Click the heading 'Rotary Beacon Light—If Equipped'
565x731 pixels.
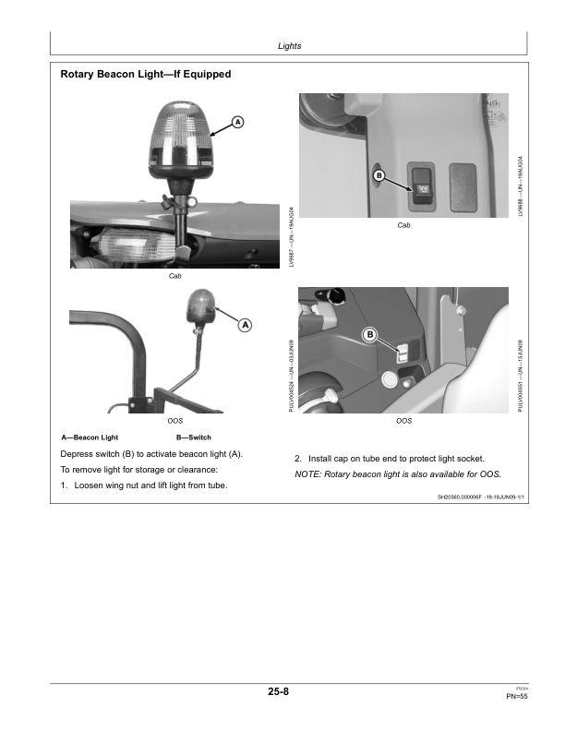[x=145, y=74]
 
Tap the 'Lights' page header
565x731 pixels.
[x=290, y=45]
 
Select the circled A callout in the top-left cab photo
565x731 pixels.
[x=237, y=122]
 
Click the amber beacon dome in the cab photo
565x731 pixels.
[x=188, y=137]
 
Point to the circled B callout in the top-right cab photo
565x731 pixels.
[x=378, y=175]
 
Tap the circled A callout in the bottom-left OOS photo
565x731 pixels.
[x=246, y=325]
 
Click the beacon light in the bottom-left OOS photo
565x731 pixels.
[x=201, y=307]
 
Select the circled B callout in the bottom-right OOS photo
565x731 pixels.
[x=370, y=334]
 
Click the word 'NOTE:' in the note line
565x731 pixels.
[x=307, y=474]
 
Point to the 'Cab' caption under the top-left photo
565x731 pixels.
[x=174, y=276]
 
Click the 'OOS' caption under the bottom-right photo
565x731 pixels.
[x=403, y=421]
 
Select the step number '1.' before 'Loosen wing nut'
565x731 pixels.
[x=64, y=485]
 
